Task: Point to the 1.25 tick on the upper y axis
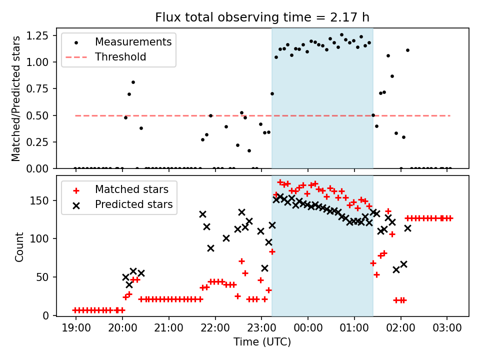coord(37,36)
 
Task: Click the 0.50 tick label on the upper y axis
coord(37,115)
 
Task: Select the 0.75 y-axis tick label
coord(37,89)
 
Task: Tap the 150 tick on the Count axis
coord(39,201)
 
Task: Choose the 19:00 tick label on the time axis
coord(76,328)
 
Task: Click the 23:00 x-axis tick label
coord(261,328)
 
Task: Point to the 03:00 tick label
coord(447,328)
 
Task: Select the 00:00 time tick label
coord(308,328)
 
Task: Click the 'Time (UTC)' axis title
coord(262,341)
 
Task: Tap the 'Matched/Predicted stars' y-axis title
coord(15,98)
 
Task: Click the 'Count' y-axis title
coord(19,247)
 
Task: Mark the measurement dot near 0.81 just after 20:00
coord(133,82)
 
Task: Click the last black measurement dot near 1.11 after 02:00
coord(408,50)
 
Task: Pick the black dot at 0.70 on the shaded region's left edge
coord(272,93)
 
